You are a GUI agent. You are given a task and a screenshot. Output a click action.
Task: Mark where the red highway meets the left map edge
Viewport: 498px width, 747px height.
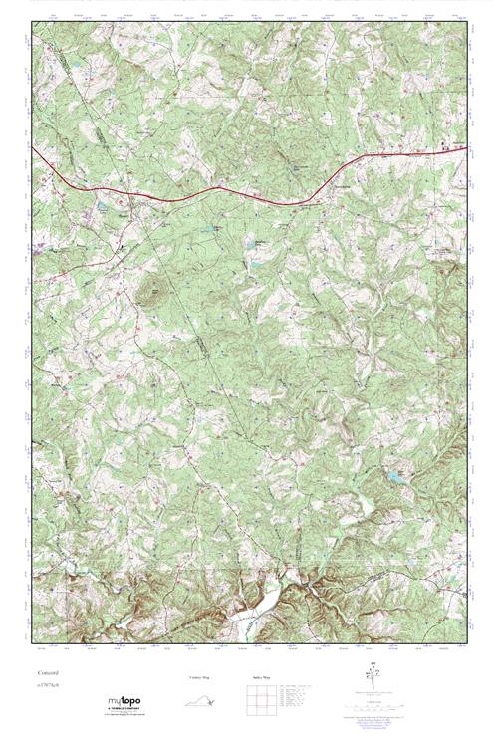click(x=32, y=148)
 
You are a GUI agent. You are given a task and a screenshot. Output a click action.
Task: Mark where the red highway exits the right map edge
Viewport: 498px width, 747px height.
click(x=465, y=145)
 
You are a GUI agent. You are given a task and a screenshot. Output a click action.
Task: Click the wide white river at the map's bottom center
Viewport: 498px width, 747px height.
click(x=249, y=619)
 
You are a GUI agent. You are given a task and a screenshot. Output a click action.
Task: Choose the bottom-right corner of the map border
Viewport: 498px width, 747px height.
click(x=465, y=647)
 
